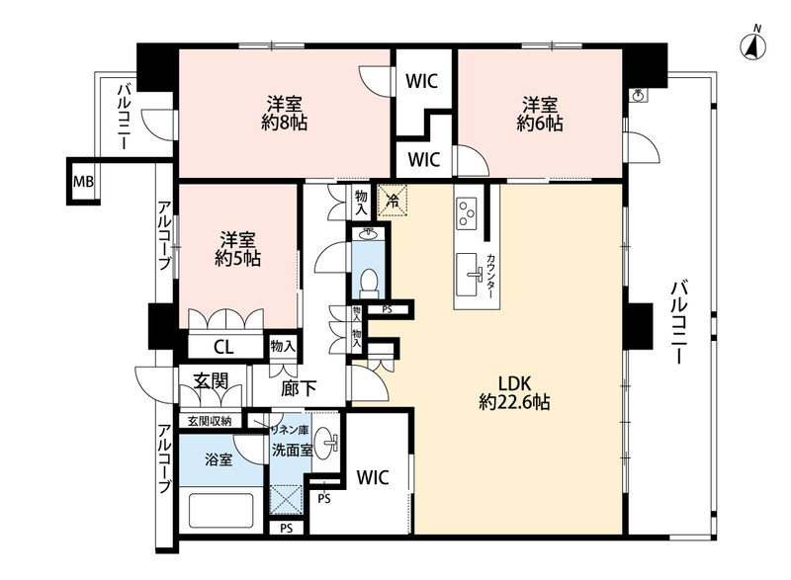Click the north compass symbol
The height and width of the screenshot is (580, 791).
pyautogui.click(x=752, y=46)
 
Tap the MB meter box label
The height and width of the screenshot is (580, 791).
pyautogui.click(x=83, y=182)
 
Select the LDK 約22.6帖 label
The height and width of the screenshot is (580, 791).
pyautogui.click(x=514, y=392)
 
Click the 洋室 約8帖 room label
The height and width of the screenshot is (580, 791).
pyautogui.click(x=285, y=114)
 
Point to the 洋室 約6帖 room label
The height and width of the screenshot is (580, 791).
pyautogui.click(x=539, y=114)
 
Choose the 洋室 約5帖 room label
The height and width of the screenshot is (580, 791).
pyautogui.click(x=237, y=249)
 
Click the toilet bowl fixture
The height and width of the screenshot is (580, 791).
pyautogui.click(x=369, y=284)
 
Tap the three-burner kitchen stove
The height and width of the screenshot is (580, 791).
pyautogui.click(x=466, y=212)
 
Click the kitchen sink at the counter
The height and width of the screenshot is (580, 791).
pyautogui.click(x=469, y=275)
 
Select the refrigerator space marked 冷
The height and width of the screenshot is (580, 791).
pyautogui.click(x=393, y=201)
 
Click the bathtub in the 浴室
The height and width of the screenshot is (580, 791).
pyautogui.click(x=220, y=510)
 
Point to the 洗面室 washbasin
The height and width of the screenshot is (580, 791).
pyautogui.click(x=326, y=444)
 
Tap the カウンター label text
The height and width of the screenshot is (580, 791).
pyautogui.click(x=490, y=276)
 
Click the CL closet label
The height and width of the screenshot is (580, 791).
pyautogui.click(x=223, y=347)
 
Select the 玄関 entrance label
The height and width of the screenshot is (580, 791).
pyautogui.click(x=211, y=381)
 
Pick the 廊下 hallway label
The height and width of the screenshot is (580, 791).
pyautogui.click(x=299, y=388)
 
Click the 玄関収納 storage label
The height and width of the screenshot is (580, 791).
pyautogui.click(x=210, y=421)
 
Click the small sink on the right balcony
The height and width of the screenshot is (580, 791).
pyautogui.click(x=639, y=94)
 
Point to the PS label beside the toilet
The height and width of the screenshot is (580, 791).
pyautogui.click(x=387, y=310)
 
